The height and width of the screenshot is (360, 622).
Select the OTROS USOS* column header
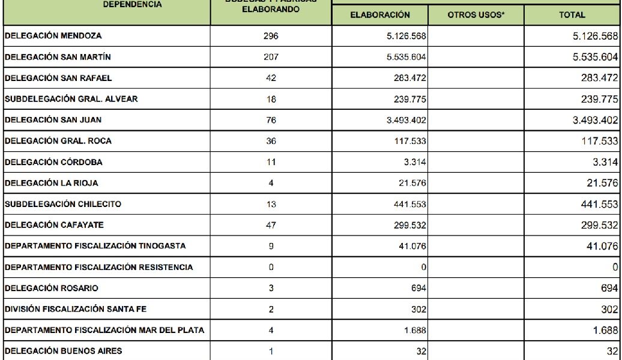476,15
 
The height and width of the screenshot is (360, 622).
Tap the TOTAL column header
572,15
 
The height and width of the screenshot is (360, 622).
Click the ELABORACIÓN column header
379,15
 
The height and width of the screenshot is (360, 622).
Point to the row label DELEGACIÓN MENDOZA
53,36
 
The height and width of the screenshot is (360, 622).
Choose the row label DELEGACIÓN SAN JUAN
53,120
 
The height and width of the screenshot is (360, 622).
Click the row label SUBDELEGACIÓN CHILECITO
63,204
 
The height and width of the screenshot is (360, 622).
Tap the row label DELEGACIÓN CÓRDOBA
53,162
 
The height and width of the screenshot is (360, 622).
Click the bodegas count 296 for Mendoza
271,36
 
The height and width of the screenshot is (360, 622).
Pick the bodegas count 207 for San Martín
271,57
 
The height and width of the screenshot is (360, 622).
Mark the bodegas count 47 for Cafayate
271,225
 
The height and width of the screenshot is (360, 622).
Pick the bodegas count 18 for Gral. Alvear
271,99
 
